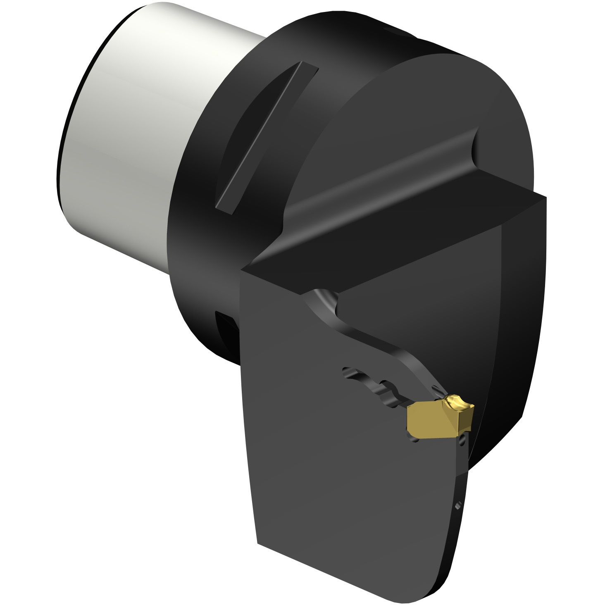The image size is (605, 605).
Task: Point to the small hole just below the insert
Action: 463,442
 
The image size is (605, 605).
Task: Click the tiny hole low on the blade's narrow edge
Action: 457,505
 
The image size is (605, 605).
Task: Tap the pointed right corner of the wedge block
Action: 545,198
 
